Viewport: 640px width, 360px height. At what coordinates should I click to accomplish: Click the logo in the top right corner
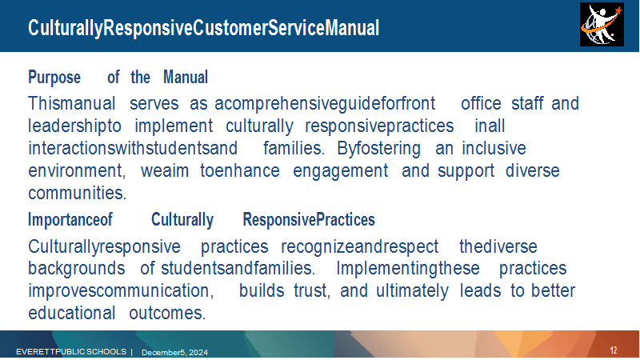602,25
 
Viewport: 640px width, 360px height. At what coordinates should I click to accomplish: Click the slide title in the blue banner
204,28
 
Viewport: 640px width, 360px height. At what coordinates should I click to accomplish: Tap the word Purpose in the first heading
54,77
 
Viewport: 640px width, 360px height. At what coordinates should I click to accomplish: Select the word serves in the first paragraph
154,103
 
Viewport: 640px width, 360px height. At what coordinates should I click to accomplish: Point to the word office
481,103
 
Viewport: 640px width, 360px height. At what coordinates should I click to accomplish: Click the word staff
527,103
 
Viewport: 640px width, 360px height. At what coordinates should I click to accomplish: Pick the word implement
174,126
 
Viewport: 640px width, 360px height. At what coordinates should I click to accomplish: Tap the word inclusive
494,148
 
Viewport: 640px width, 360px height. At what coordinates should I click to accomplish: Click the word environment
77,170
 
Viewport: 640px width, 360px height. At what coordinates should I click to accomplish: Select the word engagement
341,171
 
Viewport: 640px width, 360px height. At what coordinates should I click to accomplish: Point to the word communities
77,193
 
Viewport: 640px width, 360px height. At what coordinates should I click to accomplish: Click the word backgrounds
76,269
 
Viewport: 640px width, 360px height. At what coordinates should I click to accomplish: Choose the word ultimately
412,290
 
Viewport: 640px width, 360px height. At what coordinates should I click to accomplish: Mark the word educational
72,313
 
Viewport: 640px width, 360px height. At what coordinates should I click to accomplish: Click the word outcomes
167,313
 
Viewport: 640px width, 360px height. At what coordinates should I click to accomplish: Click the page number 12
614,350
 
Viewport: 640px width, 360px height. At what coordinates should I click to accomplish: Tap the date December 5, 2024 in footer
174,352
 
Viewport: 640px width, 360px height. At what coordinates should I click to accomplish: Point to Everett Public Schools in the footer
71,351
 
